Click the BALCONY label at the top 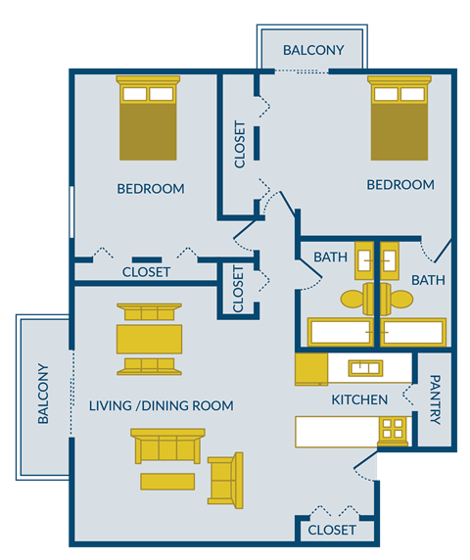[312, 50]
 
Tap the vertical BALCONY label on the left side [43, 394]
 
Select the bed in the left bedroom [148, 118]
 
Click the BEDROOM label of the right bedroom [400, 184]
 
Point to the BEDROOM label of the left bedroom [150, 188]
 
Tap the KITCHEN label [359, 399]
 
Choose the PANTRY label [435, 399]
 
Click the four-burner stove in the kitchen [393, 429]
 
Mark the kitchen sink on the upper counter [365, 368]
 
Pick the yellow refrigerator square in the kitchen [311, 369]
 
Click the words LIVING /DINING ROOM [161, 405]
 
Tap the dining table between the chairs [148, 338]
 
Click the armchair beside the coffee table [225, 479]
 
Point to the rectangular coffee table [167, 481]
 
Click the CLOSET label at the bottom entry [332, 530]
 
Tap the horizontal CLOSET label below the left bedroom [146, 271]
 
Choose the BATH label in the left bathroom [330, 257]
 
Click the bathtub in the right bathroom [414, 333]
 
